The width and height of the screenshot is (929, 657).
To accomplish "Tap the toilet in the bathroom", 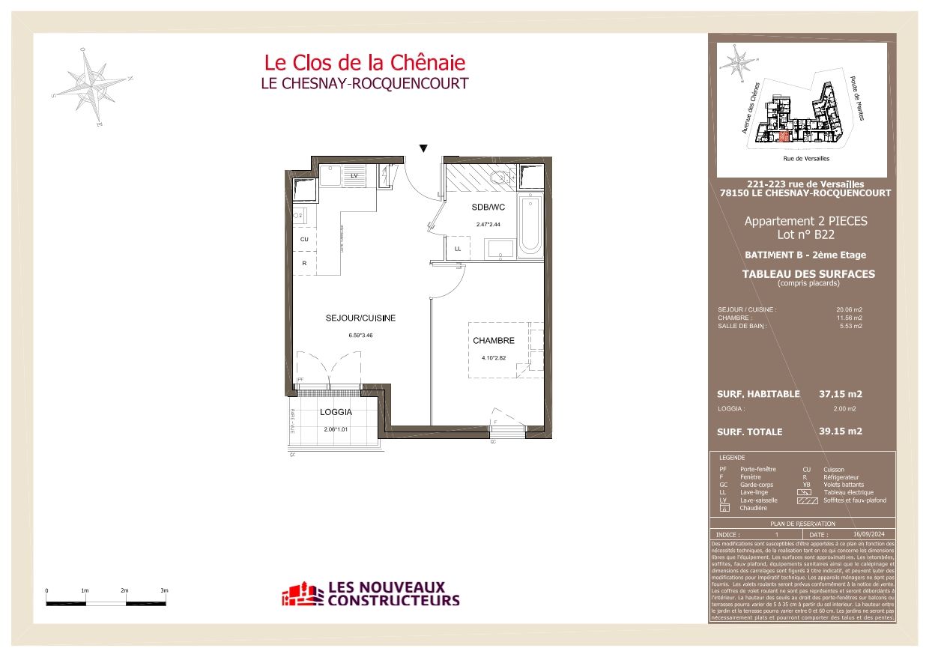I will pos(497,179).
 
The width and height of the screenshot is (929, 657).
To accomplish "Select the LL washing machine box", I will pos(458,248).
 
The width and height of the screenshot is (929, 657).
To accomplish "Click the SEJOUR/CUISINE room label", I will pos(360,318).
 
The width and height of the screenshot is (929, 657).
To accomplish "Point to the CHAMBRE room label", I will pos(494,341).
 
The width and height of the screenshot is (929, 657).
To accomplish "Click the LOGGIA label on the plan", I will pos(336,412).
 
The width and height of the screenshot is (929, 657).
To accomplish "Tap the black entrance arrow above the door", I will pos(423,148).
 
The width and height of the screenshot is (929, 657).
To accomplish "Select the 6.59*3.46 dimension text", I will pos(360,335).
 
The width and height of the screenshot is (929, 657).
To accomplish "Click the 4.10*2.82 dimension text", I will pos(494,357).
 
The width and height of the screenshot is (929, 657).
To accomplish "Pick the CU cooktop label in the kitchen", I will pos(304,239).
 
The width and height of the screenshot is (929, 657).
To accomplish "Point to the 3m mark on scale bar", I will pos(164,590).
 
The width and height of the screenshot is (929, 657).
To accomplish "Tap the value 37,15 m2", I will pos(841,394).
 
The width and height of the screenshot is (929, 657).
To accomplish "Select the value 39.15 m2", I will pos(841,431).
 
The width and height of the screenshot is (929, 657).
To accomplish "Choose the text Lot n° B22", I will pos(805,234).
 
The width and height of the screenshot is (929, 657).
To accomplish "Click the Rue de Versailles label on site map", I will pos(806,159).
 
